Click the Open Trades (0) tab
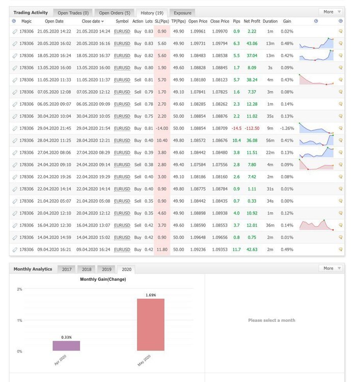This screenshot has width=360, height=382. click(73, 13)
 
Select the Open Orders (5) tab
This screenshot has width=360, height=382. click(115, 13)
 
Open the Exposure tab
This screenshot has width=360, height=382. click(182, 13)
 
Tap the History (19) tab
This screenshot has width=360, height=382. click(152, 13)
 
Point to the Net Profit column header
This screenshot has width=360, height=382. click(252, 21)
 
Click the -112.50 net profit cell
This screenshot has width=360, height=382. click(252, 128)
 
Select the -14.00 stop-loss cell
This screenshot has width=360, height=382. click(162, 128)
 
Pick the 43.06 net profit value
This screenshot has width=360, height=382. click(252, 43)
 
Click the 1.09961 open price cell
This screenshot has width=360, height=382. click(198, 32)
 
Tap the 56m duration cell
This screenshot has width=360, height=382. click(270, 141)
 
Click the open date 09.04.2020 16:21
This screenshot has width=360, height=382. click(54, 250)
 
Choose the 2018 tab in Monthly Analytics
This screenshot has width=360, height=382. click(87, 269)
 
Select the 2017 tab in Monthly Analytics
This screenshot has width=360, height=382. click(67, 269)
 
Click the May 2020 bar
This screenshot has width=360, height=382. click(151, 325)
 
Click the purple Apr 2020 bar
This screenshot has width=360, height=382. click(66, 346)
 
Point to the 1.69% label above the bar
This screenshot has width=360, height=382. click(151, 295)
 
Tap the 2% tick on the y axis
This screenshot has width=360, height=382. click(19, 289)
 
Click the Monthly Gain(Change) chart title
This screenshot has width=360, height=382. click(103, 279)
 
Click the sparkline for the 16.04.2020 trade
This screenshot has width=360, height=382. click(316, 225)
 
